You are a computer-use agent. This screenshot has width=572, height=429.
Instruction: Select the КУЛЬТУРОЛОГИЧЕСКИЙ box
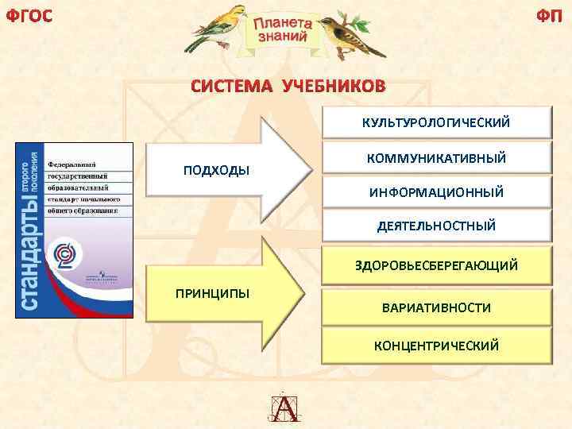coord(436,123)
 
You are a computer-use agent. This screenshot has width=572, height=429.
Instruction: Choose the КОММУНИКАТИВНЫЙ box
coord(436,159)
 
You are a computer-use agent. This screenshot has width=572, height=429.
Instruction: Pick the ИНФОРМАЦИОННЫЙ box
coord(436,192)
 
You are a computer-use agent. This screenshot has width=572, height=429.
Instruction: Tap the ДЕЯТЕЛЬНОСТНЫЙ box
coord(436,226)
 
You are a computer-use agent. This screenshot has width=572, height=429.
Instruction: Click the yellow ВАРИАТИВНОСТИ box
coord(436,307)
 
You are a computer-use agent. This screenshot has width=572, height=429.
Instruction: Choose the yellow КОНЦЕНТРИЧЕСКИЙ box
coord(436,345)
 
